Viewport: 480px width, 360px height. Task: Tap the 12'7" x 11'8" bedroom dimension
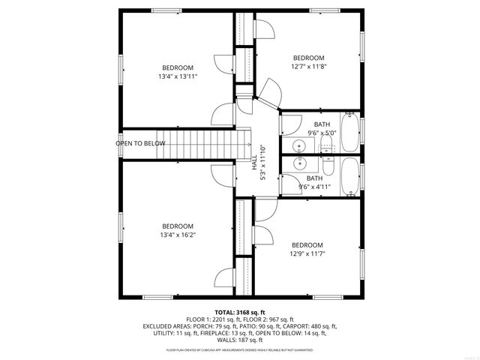coord(308,67)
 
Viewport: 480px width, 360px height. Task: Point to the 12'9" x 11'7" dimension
coord(307,253)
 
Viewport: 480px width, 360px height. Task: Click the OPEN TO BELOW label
coord(140,143)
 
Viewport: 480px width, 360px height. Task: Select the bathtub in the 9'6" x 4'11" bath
coord(350,176)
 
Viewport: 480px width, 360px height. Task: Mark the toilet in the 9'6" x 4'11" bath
coord(328,160)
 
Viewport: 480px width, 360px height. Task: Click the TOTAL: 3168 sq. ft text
coord(240,312)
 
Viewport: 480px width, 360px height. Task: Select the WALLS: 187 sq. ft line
coord(240,340)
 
